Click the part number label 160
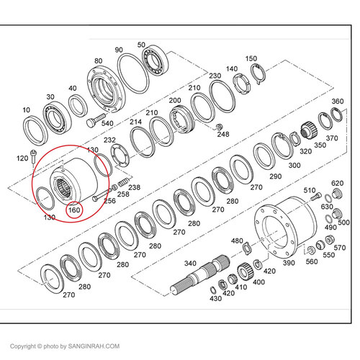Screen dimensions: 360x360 [x=73, y=210]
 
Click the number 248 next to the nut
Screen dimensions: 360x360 [x=223, y=134]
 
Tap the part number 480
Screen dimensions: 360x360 [x=236, y=240]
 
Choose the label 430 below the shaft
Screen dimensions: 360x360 [x=215, y=299]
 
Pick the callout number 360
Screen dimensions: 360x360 [x=336, y=102]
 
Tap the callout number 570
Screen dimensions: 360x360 [x=340, y=248]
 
